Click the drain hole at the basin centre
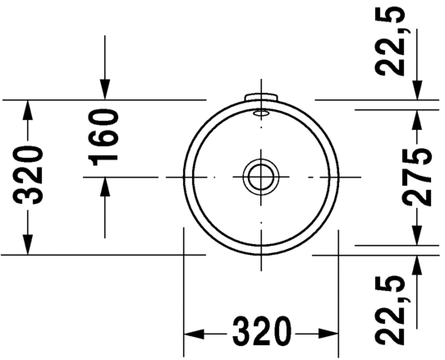pyautogui.click(x=260, y=177)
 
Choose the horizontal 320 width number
pyautogui.click(x=260, y=333)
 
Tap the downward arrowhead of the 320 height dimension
pyautogui.click(x=28, y=244)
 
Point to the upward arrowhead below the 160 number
pyautogui.click(x=105, y=187)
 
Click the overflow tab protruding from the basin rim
pyautogui.click(x=261, y=98)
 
